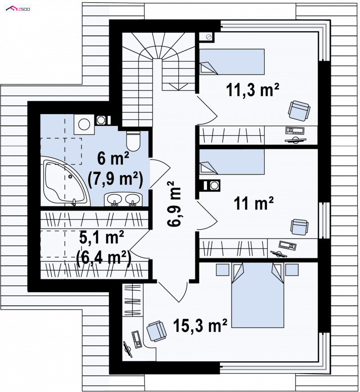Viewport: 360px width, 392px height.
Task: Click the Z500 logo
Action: click(x=18, y=9)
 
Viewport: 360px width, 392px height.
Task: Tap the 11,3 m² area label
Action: click(x=252, y=90)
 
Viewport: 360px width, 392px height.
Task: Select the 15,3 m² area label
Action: click(x=200, y=325)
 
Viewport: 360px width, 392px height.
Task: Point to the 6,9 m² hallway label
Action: click(x=174, y=204)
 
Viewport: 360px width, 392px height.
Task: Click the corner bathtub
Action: click(x=65, y=181)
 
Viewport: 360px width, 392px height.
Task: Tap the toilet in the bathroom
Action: click(x=133, y=141)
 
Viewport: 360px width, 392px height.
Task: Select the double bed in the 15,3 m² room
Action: click(x=257, y=295)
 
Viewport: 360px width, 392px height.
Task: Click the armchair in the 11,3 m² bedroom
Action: click(x=299, y=111)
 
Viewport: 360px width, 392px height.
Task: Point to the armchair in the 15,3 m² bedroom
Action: click(x=157, y=331)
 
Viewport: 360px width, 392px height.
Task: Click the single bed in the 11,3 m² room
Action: click(x=232, y=62)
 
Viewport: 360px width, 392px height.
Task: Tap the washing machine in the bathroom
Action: click(x=84, y=124)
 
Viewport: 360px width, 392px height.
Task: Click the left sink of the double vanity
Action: click(x=115, y=199)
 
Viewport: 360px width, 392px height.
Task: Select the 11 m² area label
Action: click(x=254, y=203)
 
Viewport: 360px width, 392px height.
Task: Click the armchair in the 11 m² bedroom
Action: click(x=299, y=227)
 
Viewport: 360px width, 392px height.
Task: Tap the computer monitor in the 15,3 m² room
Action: click(x=128, y=349)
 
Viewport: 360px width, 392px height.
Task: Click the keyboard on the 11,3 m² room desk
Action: click(x=295, y=130)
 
